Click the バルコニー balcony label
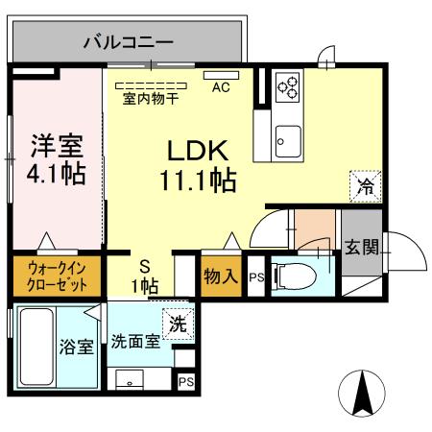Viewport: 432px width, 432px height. click(128, 41)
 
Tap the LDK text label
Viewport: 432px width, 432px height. click(197, 151)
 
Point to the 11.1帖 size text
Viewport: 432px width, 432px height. click(199, 180)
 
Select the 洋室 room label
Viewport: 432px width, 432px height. click(54, 146)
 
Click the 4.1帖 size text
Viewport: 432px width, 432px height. click(54, 175)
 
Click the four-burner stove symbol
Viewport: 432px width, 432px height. click(288, 88)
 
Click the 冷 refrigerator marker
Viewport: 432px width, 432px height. click(366, 185)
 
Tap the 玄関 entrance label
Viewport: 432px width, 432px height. click(362, 246)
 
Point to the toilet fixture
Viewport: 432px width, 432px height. click(299, 276)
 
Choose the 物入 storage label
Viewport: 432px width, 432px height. click(220, 276)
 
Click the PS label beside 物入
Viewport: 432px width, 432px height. click(254, 278)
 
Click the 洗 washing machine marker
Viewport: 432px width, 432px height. click(178, 323)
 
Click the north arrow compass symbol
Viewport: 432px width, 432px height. click(365, 395)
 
